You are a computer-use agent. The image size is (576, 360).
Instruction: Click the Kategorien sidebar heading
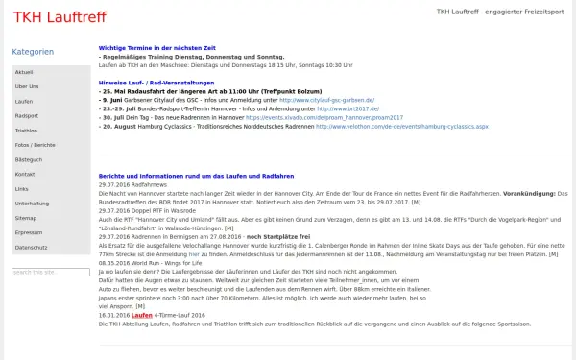33,52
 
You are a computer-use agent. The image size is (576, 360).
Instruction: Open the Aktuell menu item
25,73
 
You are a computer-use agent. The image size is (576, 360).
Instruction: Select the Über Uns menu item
27,87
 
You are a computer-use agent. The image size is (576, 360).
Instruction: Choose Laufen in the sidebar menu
25,102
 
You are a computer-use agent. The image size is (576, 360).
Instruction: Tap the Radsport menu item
27,116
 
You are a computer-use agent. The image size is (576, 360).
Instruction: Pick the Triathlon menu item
27,131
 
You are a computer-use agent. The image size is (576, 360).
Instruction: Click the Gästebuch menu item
29,159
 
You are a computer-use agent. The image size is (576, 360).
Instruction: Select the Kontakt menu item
26,174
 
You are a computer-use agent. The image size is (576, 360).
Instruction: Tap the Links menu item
22,189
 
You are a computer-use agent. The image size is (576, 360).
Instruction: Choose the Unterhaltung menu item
32,204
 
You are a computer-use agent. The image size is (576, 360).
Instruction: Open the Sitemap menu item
26,218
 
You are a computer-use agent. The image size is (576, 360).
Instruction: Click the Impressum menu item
29,232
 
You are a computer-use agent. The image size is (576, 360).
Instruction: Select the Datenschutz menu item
31,247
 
